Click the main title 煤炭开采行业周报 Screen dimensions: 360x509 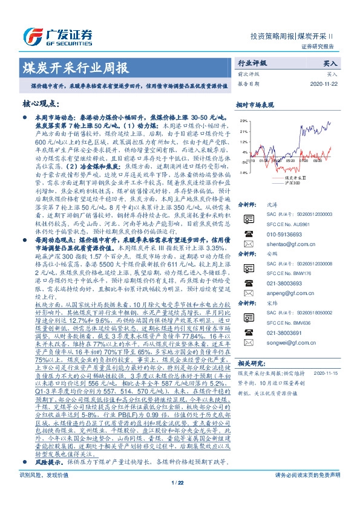tap(75, 66)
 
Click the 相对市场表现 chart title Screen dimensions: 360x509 tap(255, 104)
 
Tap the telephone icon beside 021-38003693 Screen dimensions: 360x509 tap(247, 301)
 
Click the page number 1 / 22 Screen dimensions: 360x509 tap(180, 499)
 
